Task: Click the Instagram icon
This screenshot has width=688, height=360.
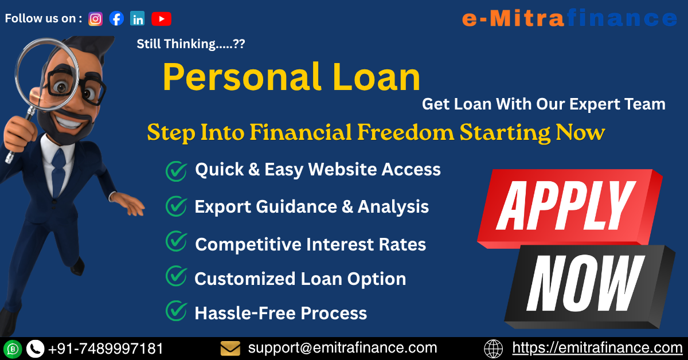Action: [96, 19]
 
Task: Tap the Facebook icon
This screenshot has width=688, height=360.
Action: [116, 19]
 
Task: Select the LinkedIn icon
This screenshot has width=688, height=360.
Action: [137, 19]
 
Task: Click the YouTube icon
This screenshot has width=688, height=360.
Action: [161, 19]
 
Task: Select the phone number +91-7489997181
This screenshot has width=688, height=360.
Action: [105, 349]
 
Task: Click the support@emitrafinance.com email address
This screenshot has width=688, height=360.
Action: [342, 348]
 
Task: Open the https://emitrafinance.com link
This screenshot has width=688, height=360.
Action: [597, 348]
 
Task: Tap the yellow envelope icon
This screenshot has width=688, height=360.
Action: [230, 348]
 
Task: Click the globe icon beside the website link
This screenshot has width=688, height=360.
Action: [494, 349]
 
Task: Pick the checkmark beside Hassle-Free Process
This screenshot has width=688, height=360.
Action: [176, 311]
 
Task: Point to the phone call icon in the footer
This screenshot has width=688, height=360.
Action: [36, 349]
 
